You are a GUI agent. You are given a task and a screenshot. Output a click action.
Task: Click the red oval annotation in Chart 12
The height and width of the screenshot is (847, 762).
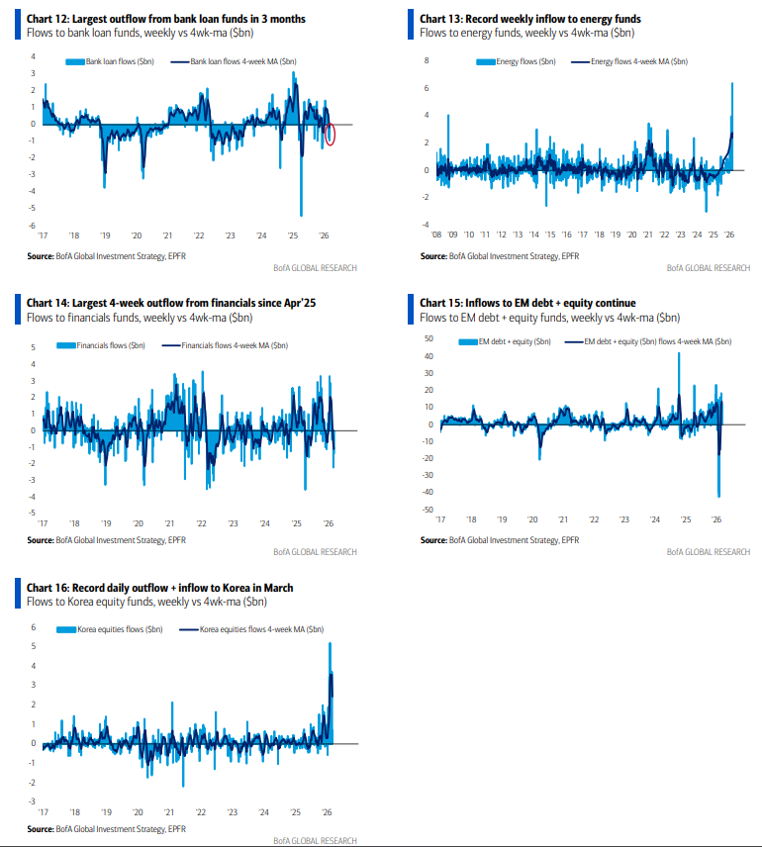pos(331,134)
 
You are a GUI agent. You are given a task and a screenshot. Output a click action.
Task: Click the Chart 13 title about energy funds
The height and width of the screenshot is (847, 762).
pos(529,19)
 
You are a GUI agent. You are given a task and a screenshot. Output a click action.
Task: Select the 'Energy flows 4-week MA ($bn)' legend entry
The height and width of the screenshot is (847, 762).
pos(632,61)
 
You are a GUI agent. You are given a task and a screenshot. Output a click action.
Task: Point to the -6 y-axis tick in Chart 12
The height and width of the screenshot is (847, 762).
pos(33,226)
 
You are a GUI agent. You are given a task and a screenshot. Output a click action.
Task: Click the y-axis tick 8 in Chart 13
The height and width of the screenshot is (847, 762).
pos(427,60)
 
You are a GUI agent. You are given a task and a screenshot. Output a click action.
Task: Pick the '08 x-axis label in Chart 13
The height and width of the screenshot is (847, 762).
pos(436,235)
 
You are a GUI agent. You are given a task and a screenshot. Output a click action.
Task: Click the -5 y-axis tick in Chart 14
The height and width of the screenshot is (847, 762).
pos(32,513)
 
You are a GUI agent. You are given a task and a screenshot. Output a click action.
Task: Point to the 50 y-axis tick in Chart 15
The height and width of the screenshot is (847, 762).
pos(428,338)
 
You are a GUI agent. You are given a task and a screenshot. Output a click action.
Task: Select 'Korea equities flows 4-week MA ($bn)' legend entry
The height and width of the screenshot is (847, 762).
pos(258,629)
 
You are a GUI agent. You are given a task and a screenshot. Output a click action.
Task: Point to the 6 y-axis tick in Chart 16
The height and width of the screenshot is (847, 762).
pos(33,627)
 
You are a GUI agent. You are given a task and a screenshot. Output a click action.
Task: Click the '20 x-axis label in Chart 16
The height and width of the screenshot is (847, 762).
pos(138,809)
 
